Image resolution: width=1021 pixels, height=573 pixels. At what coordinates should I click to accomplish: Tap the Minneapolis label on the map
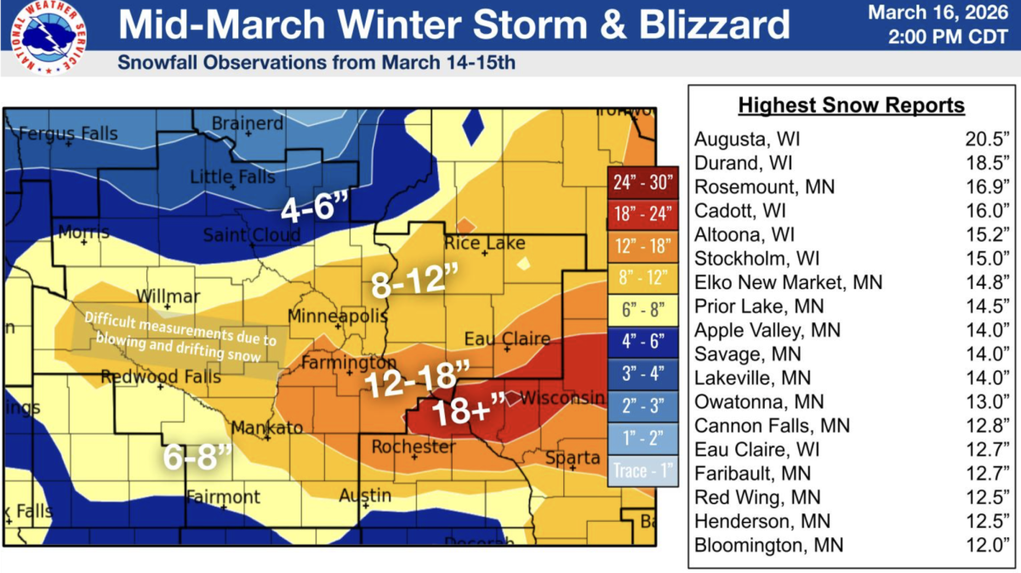(x=337, y=316)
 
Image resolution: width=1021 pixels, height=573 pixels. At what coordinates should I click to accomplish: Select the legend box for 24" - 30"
(x=642, y=181)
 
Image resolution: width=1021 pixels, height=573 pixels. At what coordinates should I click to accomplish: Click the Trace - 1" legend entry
(x=642, y=469)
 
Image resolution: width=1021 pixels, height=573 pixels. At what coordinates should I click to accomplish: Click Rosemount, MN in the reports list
(x=765, y=186)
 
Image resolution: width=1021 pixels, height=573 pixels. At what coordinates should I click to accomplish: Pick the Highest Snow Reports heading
(x=851, y=105)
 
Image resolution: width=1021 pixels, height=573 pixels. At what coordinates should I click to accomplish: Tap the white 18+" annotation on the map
(x=468, y=412)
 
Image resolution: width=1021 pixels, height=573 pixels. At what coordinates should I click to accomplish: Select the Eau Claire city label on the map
(x=507, y=339)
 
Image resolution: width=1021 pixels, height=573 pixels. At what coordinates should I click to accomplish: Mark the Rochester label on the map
(x=414, y=446)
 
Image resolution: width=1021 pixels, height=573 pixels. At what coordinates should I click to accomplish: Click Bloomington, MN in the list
(x=769, y=545)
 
